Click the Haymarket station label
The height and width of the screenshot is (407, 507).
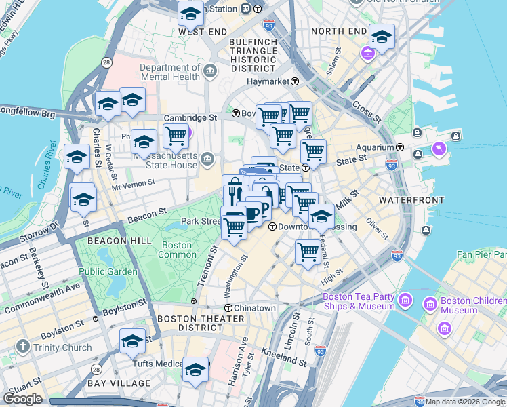pos(268,81)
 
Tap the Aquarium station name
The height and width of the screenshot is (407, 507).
pos(376,147)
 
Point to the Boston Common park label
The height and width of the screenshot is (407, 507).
pos(177,250)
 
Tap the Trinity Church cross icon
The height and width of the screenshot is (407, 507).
pos(22,347)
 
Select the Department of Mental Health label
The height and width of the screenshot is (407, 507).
pos(170,72)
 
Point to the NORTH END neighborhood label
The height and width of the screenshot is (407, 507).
pos(338,31)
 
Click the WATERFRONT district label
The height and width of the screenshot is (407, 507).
pos(411,200)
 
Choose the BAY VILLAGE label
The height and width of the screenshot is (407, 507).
pos(119,383)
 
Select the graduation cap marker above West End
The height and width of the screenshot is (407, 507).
pos(191,13)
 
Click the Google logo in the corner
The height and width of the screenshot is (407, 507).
pos(22,398)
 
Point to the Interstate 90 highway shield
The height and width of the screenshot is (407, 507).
pos(420,402)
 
